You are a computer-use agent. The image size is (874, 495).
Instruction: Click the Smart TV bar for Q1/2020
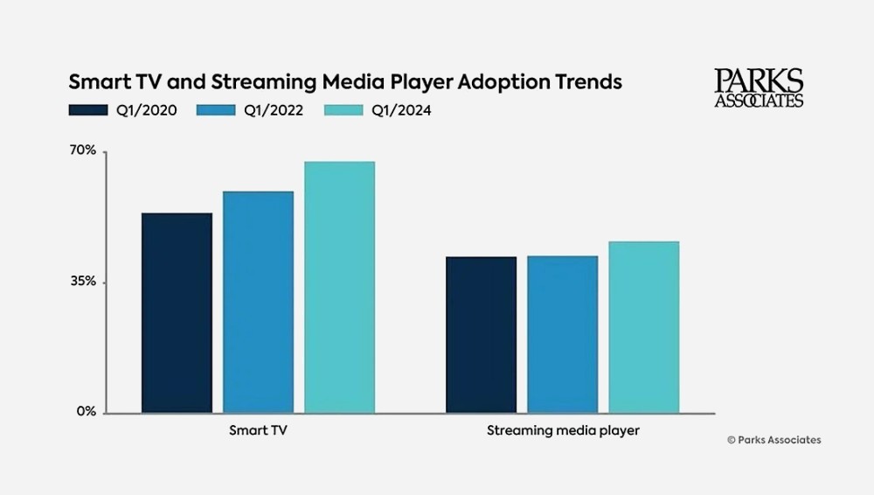coord(177,312)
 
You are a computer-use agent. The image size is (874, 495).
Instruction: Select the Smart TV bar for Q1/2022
coord(258,302)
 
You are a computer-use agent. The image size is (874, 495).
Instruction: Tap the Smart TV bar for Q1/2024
coord(339,287)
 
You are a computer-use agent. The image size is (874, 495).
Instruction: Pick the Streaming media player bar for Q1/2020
coord(481,334)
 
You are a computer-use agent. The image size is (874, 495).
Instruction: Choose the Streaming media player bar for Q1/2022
coord(562,334)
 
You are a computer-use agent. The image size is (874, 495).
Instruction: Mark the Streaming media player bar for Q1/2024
coord(643,326)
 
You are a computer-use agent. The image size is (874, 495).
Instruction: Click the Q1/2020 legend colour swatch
coord(87,110)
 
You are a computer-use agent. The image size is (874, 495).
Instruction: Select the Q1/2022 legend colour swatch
coord(216,110)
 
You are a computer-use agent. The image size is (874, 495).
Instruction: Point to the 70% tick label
coord(82,150)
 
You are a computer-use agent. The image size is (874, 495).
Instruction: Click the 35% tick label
coord(82,282)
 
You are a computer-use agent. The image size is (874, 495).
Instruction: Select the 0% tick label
coord(86,411)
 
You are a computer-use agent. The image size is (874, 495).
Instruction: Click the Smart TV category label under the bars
coord(258,431)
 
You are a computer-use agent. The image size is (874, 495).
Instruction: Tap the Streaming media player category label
coord(562,431)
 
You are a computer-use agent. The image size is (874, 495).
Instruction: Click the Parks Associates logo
coord(759,88)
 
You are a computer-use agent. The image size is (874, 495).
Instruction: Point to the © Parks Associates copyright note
coord(773,440)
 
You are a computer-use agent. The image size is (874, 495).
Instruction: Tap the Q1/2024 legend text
coord(401,110)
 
